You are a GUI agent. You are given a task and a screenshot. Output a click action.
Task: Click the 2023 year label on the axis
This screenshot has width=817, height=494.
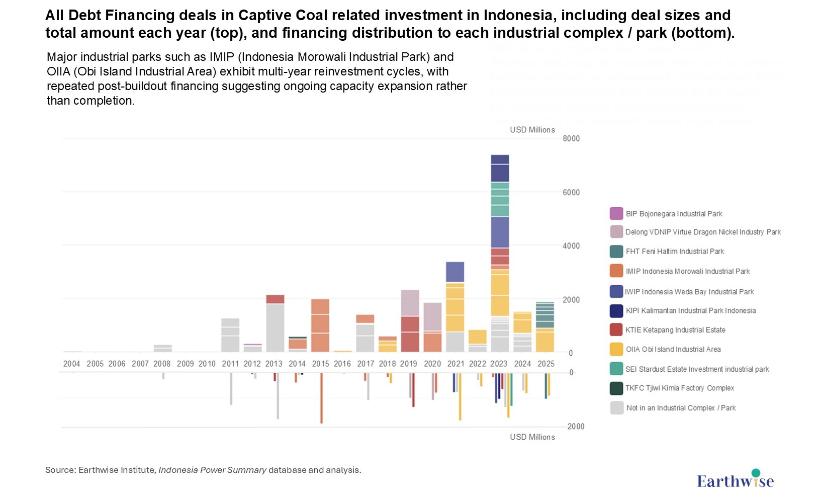click(x=499, y=364)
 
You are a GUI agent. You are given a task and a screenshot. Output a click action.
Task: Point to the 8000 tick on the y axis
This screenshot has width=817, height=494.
click(x=571, y=139)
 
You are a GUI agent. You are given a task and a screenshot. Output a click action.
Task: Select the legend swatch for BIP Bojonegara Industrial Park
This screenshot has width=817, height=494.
click(x=616, y=213)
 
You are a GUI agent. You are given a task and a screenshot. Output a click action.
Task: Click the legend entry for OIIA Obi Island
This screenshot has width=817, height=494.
click(x=673, y=349)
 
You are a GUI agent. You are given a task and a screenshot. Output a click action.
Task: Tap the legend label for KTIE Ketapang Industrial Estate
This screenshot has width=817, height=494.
click(x=675, y=330)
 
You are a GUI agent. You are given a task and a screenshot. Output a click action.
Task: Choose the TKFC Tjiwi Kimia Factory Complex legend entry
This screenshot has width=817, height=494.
click(x=679, y=388)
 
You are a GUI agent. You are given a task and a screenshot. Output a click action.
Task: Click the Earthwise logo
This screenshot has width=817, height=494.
click(x=735, y=480)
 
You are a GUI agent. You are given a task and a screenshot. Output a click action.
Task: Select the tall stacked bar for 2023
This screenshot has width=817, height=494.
click(x=500, y=254)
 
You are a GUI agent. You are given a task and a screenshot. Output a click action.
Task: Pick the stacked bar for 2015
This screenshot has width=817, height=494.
click(x=320, y=325)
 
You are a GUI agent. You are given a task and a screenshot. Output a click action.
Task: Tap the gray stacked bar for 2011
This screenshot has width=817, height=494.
click(x=230, y=335)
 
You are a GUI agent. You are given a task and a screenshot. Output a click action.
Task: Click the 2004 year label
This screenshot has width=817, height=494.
click(x=72, y=364)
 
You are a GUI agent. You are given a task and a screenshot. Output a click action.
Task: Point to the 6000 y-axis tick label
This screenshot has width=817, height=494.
click(x=571, y=193)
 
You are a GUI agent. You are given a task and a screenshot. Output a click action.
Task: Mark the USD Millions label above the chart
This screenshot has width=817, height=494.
click(x=532, y=130)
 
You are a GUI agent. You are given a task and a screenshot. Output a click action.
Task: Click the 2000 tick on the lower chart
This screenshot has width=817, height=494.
click(x=576, y=427)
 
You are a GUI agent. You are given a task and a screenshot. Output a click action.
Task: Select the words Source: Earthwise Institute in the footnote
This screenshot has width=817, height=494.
click(x=100, y=470)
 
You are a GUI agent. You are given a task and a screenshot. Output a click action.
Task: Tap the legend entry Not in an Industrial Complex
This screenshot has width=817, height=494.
click(x=680, y=408)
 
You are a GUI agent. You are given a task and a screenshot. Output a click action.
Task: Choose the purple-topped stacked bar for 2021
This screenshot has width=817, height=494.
click(x=455, y=307)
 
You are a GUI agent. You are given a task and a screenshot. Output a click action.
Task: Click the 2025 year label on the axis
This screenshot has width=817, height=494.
click(x=546, y=364)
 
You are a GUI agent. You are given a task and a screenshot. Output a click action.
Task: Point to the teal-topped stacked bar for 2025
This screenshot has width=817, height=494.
click(x=545, y=327)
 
